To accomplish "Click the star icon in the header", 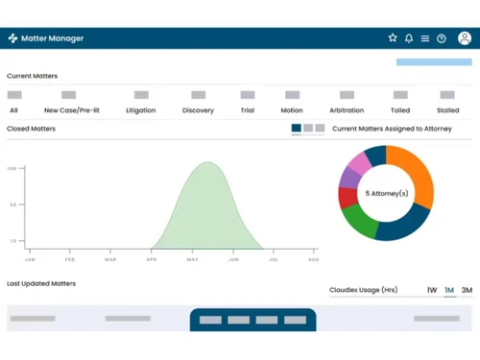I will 393,38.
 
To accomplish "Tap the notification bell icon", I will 409,38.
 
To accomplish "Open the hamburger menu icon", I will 425,38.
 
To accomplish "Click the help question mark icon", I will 442,38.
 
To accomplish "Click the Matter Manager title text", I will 52,38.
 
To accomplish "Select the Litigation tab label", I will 140,110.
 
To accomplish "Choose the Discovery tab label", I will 198,110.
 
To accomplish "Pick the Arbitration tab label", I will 347,110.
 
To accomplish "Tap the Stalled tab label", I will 447,110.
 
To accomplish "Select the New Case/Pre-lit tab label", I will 72,110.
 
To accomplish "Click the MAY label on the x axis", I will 193,259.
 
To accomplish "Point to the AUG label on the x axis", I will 314,259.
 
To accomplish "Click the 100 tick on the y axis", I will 12,169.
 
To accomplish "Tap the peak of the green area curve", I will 207,163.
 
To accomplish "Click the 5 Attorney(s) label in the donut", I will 386,193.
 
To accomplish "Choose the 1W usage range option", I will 432,290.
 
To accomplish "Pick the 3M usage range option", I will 467,290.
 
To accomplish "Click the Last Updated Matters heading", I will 41,284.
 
